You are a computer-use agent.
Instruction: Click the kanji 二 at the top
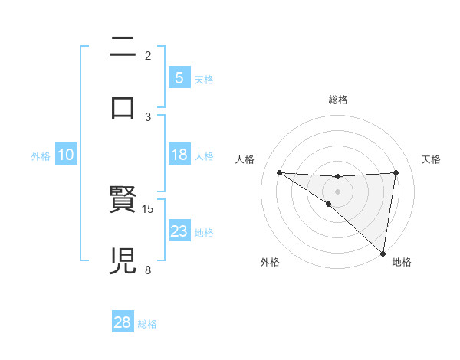[123, 47]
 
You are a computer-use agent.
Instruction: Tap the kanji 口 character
[123, 107]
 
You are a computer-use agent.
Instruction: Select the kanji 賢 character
[123, 201]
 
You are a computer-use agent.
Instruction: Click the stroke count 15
[149, 208]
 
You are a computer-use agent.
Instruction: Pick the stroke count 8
[148, 269]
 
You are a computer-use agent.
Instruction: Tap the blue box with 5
[179, 77]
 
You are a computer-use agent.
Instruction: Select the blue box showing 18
[179, 155]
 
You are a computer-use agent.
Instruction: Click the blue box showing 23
[179, 231]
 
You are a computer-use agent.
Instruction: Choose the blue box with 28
[123, 322]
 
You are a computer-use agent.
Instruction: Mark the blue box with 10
[66, 155]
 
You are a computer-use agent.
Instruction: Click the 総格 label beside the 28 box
[147, 324]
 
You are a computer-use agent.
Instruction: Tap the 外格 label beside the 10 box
[41, 156]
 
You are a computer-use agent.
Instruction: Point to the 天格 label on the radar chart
[432, 159]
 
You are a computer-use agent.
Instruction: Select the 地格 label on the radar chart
[402, 262]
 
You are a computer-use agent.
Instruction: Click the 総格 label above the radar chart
[337, 100]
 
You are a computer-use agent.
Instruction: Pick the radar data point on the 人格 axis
[279, 172]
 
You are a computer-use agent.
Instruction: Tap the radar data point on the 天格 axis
[396, 172]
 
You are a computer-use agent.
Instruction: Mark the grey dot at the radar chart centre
[337, 191]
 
